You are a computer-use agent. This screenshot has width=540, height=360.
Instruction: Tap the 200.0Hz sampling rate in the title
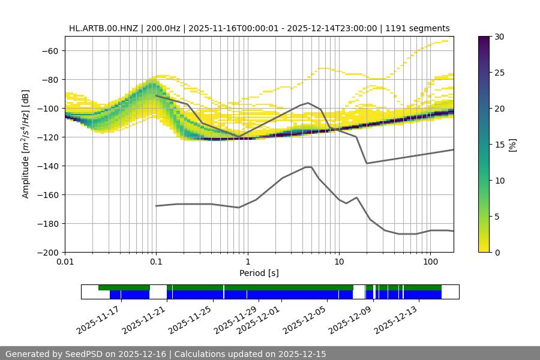(x=160, y=28)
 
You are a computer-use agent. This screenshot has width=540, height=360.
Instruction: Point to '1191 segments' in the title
(x=420, y=28)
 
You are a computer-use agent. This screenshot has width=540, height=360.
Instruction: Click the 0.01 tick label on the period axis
(x=65, y=262)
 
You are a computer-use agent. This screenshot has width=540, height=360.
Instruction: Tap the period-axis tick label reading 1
(x=247, y=262)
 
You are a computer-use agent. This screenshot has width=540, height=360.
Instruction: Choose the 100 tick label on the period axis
(x=430, y=262)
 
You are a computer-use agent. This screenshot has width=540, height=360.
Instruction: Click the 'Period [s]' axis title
(x=259, y=273)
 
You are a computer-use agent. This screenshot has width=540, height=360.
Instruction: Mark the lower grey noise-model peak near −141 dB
(x=308, y=167)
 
